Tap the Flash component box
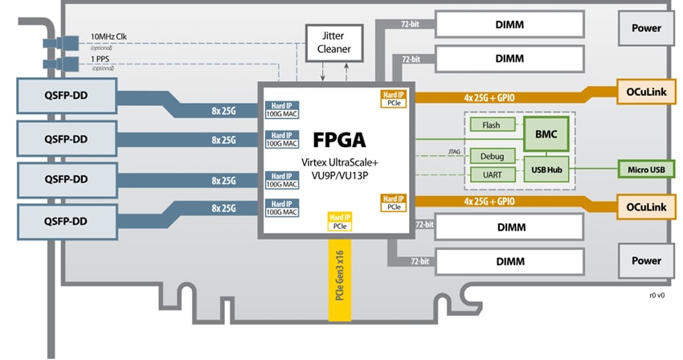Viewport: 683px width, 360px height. (490, 125)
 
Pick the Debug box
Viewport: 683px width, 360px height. (490, 156)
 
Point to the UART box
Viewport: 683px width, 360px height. (490, 174)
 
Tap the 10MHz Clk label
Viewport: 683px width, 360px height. (108, 37)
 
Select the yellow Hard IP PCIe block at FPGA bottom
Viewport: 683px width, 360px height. (340, 223)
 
